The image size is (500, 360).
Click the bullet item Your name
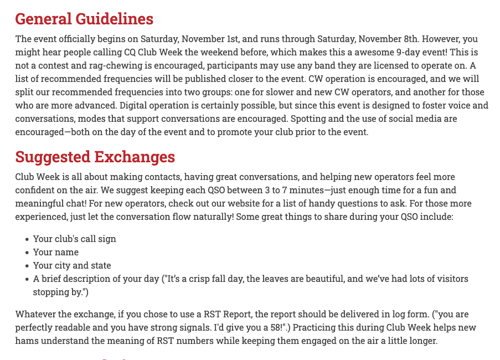click(56, 252)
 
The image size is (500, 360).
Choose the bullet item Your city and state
click(72, 265)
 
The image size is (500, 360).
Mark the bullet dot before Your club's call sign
click(27, 239)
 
